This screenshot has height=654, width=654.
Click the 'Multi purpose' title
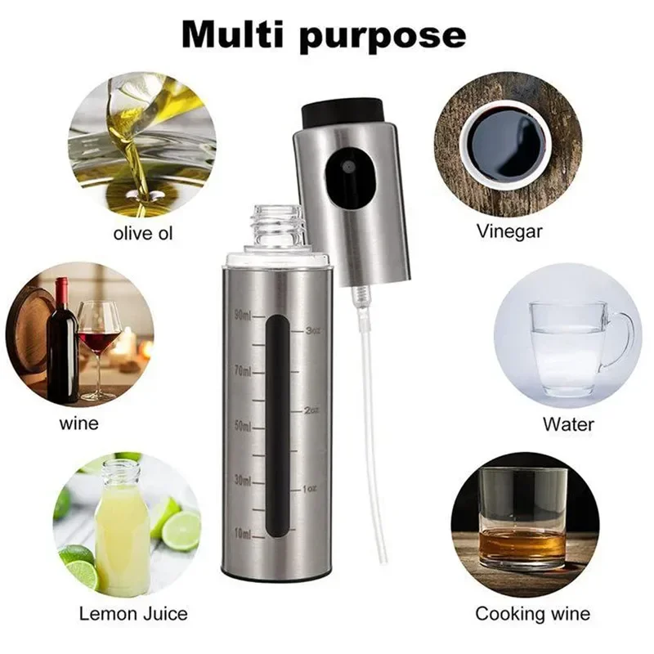323,35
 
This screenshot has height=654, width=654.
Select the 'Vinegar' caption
509,231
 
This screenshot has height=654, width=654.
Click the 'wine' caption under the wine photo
78,423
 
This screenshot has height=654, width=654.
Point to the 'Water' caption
568,425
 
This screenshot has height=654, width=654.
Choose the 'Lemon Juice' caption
133,613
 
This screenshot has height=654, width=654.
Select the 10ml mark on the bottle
244,534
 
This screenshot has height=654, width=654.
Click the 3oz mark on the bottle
311,331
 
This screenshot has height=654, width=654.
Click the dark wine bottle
62,343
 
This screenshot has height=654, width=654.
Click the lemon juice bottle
121,527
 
